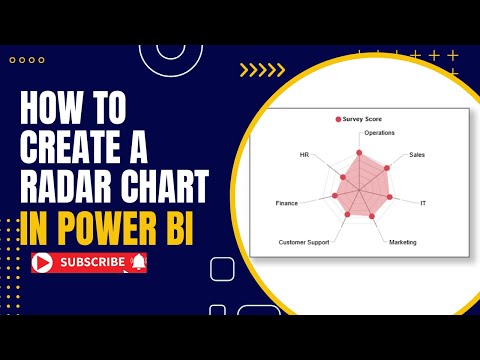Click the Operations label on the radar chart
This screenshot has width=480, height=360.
[x=379, y=133]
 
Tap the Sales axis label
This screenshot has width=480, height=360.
[x=417, y=156]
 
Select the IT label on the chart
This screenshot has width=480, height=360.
[x=423, y=203]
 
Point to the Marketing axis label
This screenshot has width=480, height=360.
[x=403, y=243]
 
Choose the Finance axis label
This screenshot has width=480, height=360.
[x=287, y=203]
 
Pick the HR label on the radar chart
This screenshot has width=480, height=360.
[x=305, y=156]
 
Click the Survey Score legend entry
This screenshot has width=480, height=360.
[x=359, y=119]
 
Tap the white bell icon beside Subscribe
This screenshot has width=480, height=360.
[x=138, y=263]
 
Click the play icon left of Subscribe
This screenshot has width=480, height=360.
[x=43, y=263]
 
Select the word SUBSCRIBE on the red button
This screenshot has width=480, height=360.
[x=93, y=263]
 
